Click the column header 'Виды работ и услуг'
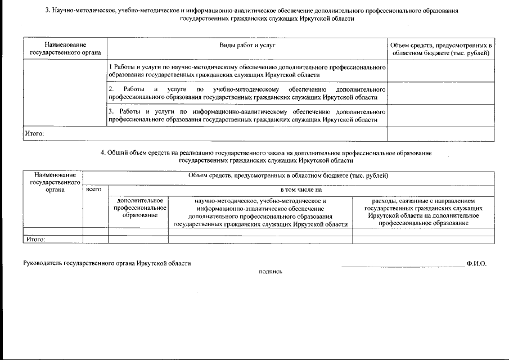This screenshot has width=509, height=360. click(x=247, y=44)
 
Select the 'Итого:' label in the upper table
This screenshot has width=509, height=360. click(x=34, y=134)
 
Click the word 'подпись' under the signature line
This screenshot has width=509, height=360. click(x=270, y=272)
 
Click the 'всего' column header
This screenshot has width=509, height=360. click(x=94, y=190)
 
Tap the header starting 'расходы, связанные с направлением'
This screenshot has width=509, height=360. click(x=424, y=211)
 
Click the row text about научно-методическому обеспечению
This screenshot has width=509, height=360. click(x=246, y=71)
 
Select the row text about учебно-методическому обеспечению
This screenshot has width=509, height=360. click(x=246, y=93)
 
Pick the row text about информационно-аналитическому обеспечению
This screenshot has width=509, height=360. click(x=246, y=116)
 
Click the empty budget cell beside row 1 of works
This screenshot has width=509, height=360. click(x=441, y=71)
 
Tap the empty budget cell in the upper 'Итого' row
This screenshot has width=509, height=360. click(x=441, y=134)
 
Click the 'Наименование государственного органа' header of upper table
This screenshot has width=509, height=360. click(x=65, y=48)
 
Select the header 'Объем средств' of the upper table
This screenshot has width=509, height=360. click(x=441, y=48)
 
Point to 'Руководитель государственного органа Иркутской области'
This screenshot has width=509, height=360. click(x=107, y=263)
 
